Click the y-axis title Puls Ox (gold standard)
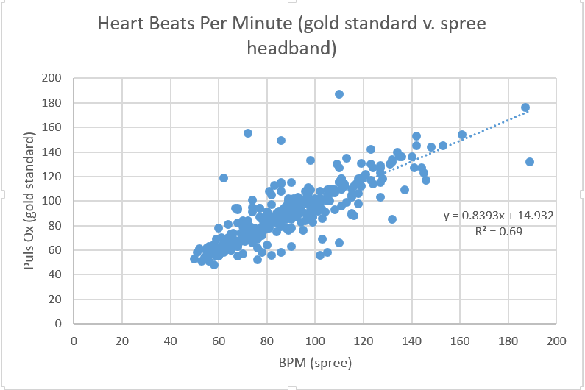(x=30, y=201)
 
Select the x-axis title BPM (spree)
(x=314, y=364)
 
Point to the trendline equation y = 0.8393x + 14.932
(x=497, y=216)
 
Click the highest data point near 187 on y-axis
(x=339, y=94)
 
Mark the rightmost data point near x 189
(x=530, y=162)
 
